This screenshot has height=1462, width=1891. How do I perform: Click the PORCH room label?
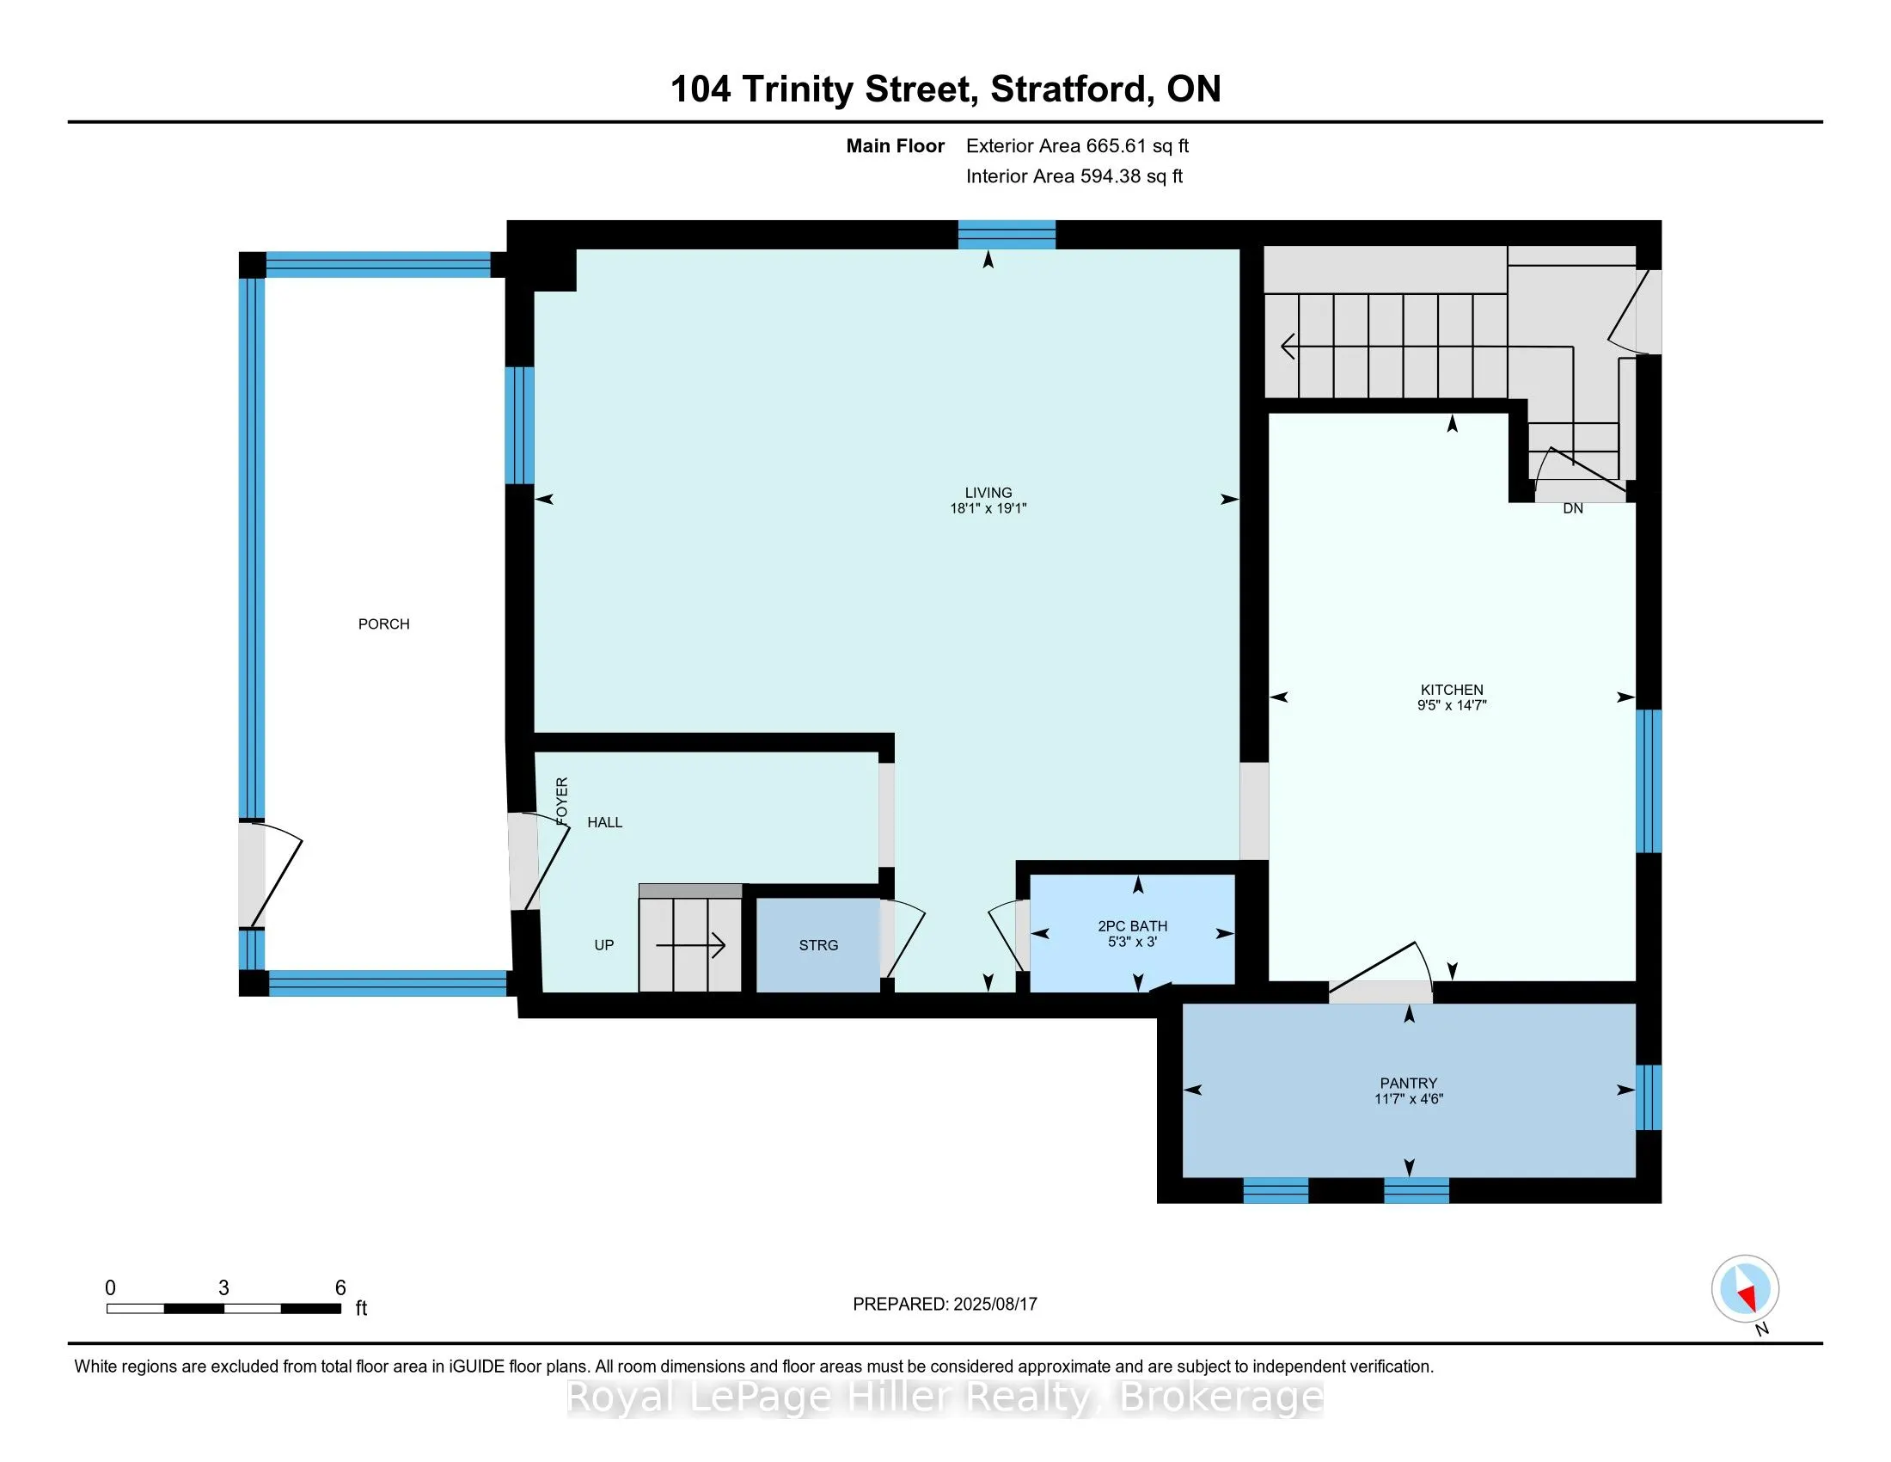(383, 623)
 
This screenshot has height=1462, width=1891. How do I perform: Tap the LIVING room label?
(988, 492)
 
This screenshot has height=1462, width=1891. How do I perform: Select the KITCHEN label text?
(1452, 690)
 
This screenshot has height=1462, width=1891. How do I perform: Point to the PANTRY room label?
(1409, 1083)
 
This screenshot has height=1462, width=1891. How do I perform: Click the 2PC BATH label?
(1133, 926)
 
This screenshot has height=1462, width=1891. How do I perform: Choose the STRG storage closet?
(818, 945)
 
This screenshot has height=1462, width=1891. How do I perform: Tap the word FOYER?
(562, 801)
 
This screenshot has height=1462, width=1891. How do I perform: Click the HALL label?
(604, 822)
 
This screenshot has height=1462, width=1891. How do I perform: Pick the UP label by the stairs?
(604, 945)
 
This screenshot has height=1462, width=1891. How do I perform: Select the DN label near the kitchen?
(1573, 508)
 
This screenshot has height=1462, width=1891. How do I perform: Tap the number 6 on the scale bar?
(340, 1288)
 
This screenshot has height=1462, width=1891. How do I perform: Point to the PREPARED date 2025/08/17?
(994, 1304)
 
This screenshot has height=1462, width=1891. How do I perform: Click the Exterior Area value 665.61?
(1116, 145)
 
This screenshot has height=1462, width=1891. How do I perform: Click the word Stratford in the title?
(1071, 89)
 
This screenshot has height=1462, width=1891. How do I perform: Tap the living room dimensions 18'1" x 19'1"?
(988, 508)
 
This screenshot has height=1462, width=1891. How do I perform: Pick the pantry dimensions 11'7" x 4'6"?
(1409, 1099)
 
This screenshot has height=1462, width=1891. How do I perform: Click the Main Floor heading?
(896, 145)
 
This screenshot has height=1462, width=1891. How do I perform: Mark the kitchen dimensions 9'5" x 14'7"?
(1452, 705)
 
